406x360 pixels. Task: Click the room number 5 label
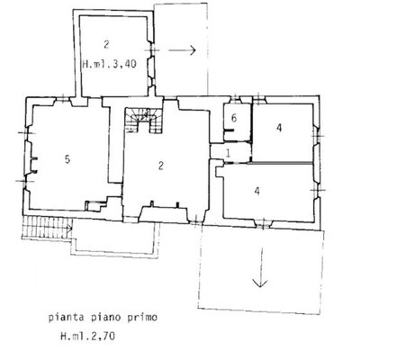pyautogui.click(x=68, y=159)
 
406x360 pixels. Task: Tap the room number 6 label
pyautogui.click(x=234, y=118)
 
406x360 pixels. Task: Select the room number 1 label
pyautogui.click(x=228, y=153)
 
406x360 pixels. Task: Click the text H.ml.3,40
pyautogui.click(x=110, y=64)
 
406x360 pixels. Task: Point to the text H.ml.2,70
pyautogui.click(x=87, y=336)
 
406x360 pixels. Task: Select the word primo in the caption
pyautogui.click(x=142, y=318)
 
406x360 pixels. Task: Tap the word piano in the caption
pyautogui.click(x=105, y=318)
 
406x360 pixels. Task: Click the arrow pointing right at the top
pyautogui.click(x=182, y=50)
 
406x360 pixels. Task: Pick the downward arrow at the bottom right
pyautogui.click(x=260, y=267)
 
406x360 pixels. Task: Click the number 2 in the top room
pyautogui.click(x=106, y=45)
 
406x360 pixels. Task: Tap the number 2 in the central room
pyautogui.click(x=161, y=166)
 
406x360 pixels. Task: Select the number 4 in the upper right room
pyautogui.click(x=279, y=128)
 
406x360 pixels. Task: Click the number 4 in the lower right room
pyautogui.click(x=257, y=191)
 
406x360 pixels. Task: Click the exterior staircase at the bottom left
pyautogui.click(x=48, y=228)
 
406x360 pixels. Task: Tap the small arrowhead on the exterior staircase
pyautogui.click(x=70, y=229)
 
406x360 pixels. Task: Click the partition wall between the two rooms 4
pyautogui.click(x=281, y=163)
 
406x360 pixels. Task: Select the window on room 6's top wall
pyautogui.click(x=236, y=99)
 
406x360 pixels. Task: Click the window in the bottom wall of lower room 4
pyautogui.click(x=263, y=223)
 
